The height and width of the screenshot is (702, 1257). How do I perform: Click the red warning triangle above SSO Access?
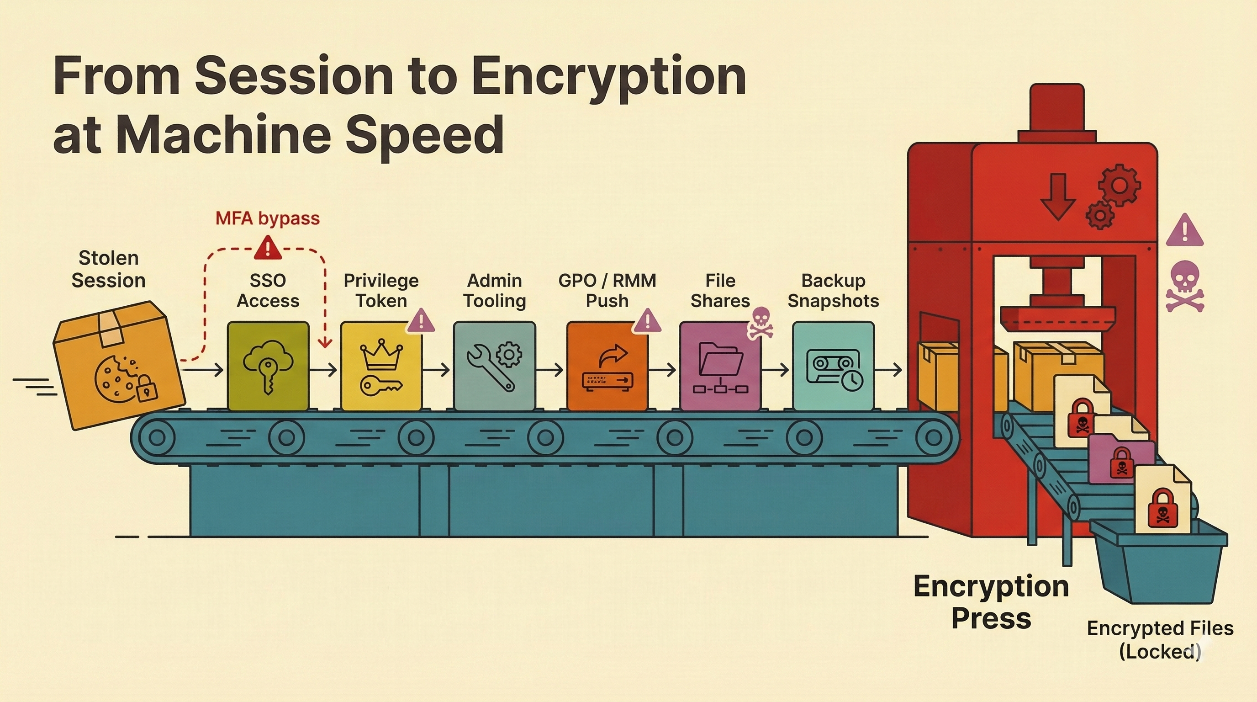click(x=267, y=248)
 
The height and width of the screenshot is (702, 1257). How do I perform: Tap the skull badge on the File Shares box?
click(x=760, y=322)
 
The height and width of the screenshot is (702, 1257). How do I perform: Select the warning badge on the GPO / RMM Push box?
click(x=647, y=320)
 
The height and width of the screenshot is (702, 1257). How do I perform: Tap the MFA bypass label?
click(x=267, y=218)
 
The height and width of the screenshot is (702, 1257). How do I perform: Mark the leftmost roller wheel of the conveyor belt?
click(x=157, y=437)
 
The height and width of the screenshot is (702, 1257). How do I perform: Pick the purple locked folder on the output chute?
click(x=1121, y=459)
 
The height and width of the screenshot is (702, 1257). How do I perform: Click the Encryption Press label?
click(x=991, y=602)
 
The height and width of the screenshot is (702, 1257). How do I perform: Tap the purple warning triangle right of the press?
click(x=1184, y=231)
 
